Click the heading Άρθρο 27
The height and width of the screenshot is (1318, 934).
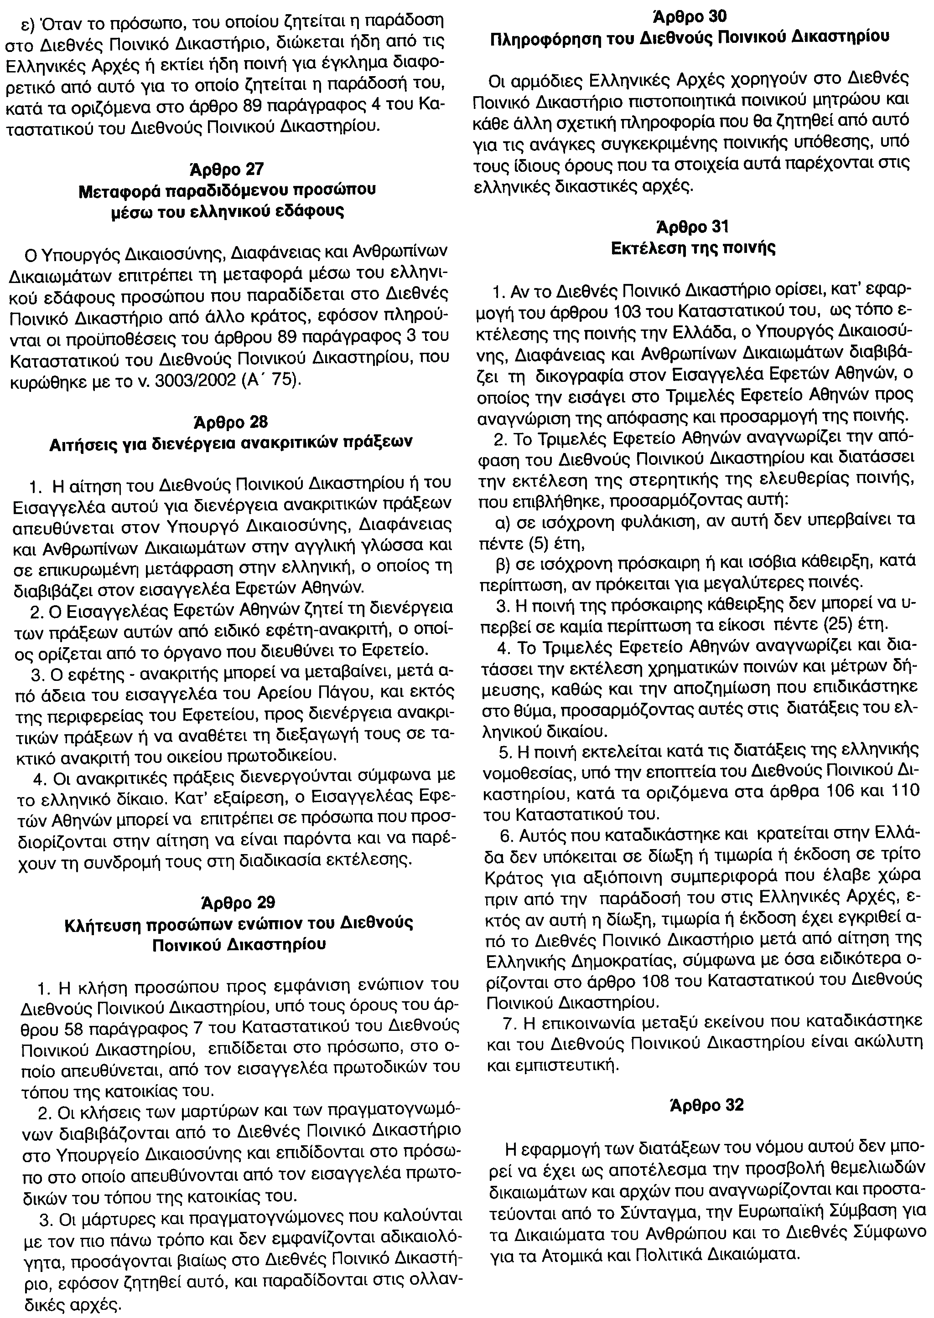pyautogui.click(x=227, y=170)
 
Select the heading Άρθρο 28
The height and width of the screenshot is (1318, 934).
pyautogui.click(x=228, y=422)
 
